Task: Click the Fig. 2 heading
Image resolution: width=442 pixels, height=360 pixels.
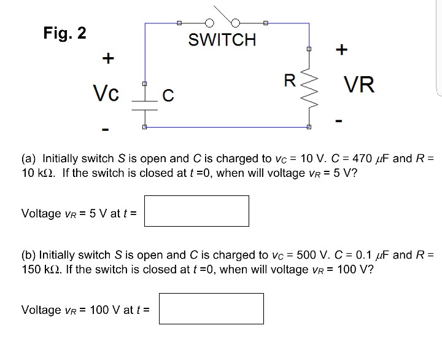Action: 64,32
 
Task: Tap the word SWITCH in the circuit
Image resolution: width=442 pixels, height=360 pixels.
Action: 222,41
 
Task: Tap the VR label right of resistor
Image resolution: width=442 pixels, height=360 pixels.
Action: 359,84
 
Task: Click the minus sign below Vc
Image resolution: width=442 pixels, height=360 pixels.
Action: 106,130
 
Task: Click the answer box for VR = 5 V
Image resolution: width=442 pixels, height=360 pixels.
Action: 197,211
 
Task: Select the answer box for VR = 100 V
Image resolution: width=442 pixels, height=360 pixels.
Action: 211,308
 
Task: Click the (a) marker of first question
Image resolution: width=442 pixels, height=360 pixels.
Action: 29,158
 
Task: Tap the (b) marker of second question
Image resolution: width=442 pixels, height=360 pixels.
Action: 29,255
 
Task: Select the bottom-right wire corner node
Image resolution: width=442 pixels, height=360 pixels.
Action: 309,127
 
